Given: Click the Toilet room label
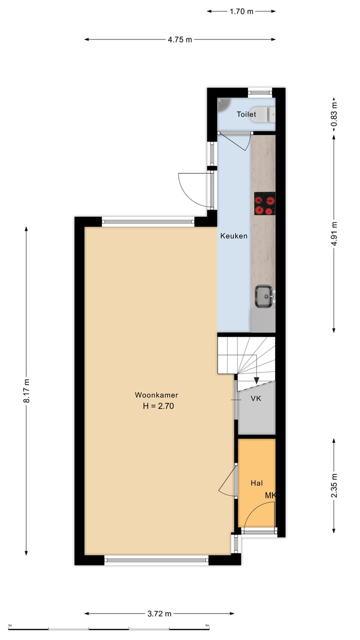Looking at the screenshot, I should [x=246, y=114].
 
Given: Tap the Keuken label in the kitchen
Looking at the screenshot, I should [x=233, y=236].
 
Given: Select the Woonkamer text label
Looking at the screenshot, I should [x=156, y=395].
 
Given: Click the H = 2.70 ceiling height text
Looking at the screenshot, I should [x=158, y=406].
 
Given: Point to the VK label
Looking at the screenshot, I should [x=255, y=398].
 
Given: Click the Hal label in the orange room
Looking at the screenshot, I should [x=256, y=483].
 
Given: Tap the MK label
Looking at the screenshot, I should [x=270, y=495].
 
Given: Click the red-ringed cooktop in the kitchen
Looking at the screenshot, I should [x=264, y=203].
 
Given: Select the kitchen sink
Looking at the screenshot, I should [x=263, y=295].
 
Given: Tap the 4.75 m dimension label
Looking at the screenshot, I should [x=179, y=39].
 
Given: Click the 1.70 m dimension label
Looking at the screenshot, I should [x=241, y=11].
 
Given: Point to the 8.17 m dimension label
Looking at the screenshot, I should [x=26, y=390].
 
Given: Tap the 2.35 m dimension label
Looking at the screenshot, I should [x=334, y=485].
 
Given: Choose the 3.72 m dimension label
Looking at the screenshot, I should [x=159, y=613].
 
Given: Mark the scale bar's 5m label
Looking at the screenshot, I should [x=207, y=625].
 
